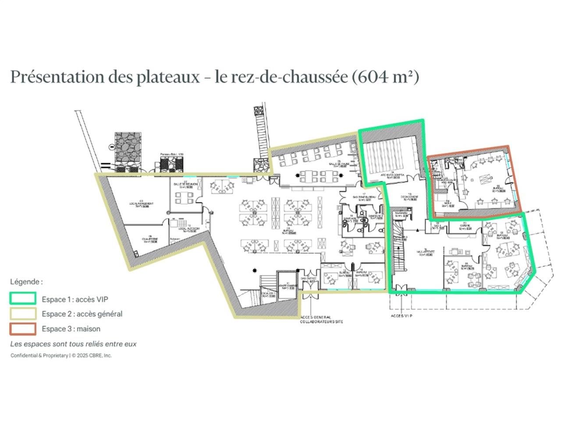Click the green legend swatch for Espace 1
23,299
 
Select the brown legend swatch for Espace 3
23,328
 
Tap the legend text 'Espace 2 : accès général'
82,314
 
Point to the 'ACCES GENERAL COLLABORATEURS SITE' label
321,320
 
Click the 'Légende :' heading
26,282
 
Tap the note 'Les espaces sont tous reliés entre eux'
73,344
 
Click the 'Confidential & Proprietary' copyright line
61,355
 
